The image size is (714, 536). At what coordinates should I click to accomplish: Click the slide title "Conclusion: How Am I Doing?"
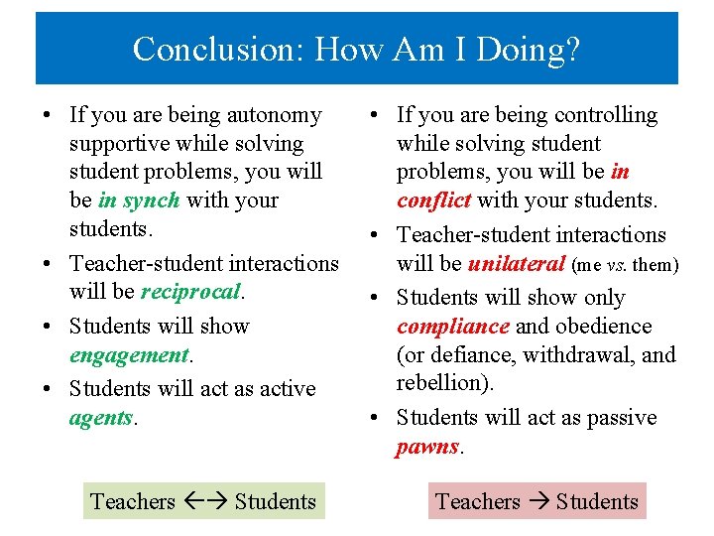tap(356, 48)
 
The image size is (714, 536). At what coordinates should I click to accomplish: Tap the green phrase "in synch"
tap(139, 201)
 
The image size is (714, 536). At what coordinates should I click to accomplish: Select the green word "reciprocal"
tap(191, 292)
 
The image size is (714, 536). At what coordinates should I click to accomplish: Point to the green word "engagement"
tap(129, 354)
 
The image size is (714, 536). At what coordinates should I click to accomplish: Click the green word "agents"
tap(101, 418)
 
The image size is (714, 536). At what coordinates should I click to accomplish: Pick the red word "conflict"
tap(433, 201)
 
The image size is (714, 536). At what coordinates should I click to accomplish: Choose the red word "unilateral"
tap(517, 264)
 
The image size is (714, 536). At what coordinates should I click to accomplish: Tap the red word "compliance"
tap(452, 327)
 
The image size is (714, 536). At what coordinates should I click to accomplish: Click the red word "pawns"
tap(427, 447)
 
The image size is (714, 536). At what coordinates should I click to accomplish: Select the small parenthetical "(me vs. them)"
tap(626, 265)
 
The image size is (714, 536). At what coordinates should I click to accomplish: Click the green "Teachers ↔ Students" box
tap(203, 501)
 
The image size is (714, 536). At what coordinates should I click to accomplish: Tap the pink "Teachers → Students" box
tap(536, 501)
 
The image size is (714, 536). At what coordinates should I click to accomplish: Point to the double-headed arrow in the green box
tap(204, 501)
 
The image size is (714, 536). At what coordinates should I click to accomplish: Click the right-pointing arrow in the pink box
tap(537, 501)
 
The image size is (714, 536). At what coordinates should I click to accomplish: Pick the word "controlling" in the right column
tap(606, 115)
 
